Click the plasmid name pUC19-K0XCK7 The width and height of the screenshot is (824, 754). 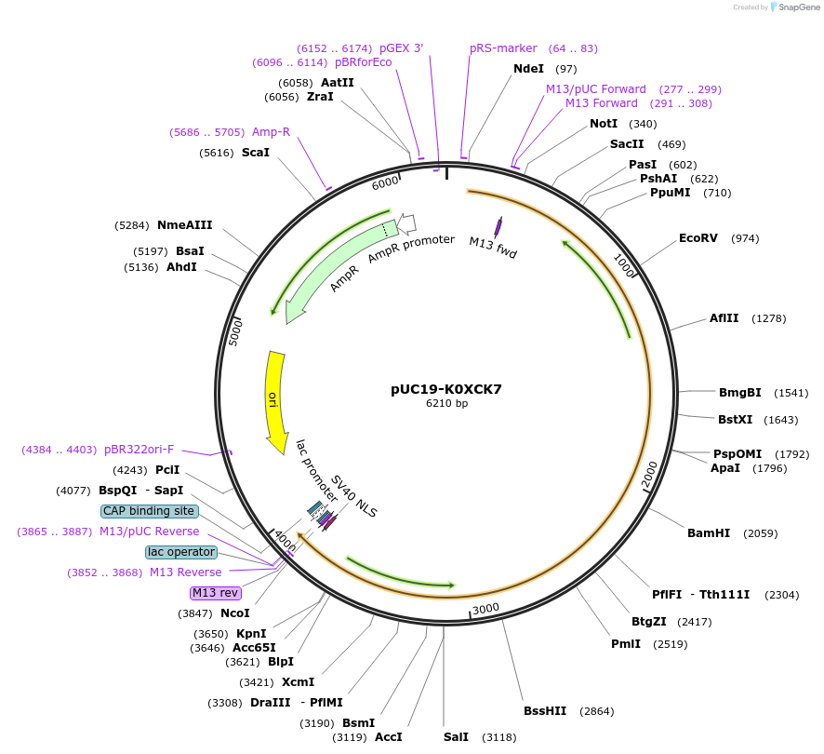[x=446, y=389]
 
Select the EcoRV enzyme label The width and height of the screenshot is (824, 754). [x=698, y=238]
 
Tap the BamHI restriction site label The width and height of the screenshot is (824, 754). [x=709, y=533]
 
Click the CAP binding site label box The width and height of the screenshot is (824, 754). [x=149, y=511]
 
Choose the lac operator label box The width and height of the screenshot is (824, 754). [x=180, y=552]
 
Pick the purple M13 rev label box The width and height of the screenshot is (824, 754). [x=215, y=593]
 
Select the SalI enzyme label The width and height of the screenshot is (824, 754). [x=456, y=737]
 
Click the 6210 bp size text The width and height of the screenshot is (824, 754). [x=446, y=404]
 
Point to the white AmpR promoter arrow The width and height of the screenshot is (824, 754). [x=406, y=223]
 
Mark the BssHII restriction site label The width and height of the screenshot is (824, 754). [x=545, y=711]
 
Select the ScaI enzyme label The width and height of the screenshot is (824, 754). [x=255, y=152]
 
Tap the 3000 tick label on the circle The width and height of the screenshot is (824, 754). [x=486, y=610]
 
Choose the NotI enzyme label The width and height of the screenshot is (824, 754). [x=604, y=124]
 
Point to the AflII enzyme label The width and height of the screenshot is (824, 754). [x=724, y=318]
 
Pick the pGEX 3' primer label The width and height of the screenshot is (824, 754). [x=401, y=48]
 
